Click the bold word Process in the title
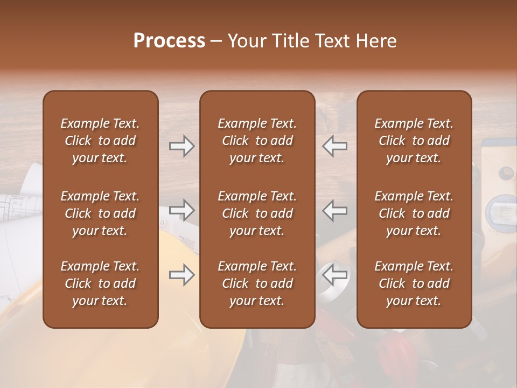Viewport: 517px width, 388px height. coord(169,40)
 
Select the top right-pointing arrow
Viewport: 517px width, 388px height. coord(181,146)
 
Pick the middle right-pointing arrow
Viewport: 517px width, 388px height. coord(181,210)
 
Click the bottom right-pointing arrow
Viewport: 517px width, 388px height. coord(181,275)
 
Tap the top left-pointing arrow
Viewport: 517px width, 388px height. coord(335,146)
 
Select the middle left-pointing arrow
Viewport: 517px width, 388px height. coord(335,210)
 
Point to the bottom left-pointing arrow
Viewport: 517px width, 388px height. coord(335,275)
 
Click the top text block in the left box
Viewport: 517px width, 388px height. coord(100,141)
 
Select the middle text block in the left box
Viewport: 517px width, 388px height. coord(100,213)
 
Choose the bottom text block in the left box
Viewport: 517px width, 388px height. coord(100,283)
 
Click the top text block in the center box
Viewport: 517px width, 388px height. coord(257,141)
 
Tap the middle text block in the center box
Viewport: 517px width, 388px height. coord(257,213)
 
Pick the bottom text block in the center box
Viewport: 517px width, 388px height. coord(257,283)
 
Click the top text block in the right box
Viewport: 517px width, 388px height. coord(414,141)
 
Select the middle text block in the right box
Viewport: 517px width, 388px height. coord(414,213)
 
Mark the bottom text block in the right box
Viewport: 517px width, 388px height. coord(414,283)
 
